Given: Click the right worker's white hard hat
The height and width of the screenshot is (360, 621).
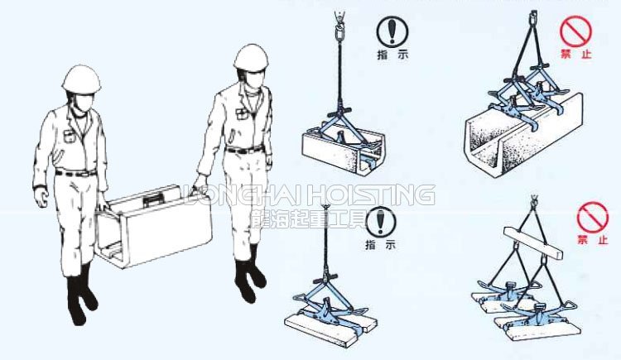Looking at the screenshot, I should (x=251, y=56).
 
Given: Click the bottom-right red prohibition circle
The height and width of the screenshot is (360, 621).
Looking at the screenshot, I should (x=592, y=218).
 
